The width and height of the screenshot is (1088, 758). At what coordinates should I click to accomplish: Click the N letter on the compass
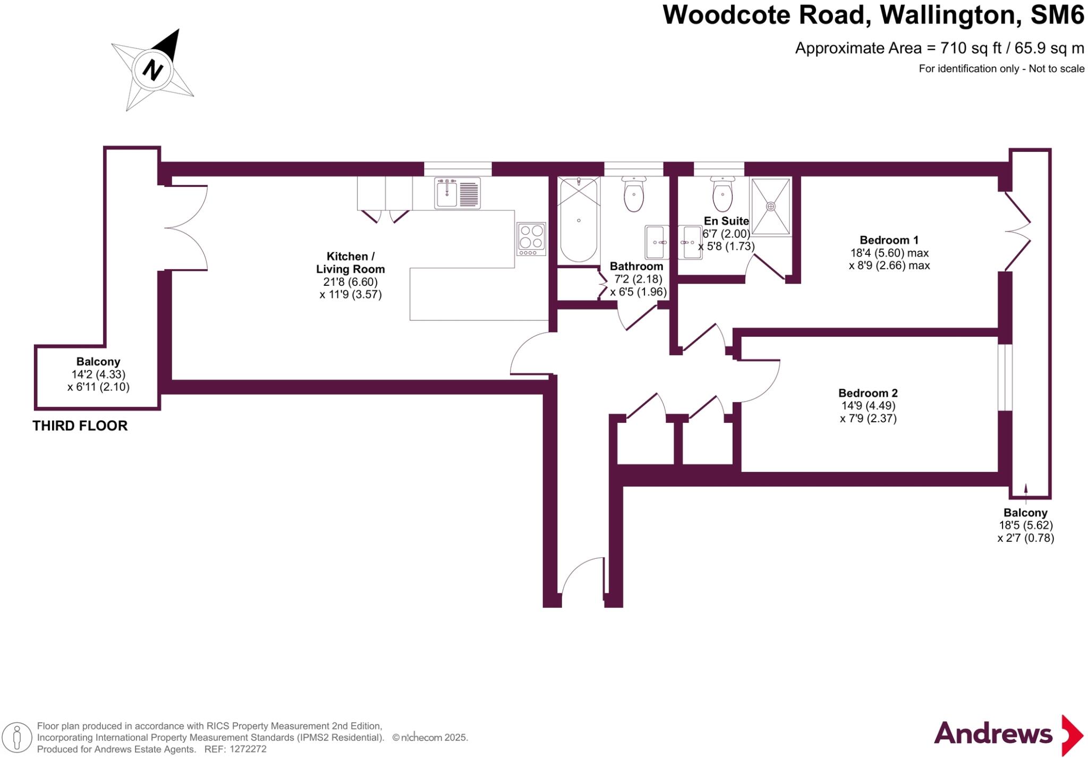tap(152, 70)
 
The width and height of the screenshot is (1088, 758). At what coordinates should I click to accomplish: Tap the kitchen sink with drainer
tap(457, 193)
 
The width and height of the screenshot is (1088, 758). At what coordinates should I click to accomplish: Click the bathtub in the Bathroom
tap(579, 220)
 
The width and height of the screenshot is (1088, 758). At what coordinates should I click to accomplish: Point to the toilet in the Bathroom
tap(633, 194)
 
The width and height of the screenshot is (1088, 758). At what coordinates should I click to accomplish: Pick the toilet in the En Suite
tap(722, 194)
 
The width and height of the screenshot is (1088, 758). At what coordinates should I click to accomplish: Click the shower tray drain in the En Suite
tap(770, 206)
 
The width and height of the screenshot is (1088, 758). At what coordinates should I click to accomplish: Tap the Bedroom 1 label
tap(889, 240)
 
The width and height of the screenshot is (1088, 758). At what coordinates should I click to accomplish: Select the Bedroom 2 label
tap(868, 393)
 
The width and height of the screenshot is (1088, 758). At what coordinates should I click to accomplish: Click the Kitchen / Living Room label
tap(350, 262)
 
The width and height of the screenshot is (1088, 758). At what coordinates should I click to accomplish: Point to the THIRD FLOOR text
tap(80, 426)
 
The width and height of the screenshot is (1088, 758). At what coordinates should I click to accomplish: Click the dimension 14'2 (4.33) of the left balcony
tap(98, 374)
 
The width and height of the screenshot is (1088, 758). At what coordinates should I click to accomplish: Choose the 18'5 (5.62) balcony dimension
tap(1025, 525)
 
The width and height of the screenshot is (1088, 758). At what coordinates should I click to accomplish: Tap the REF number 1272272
tap(247, 750)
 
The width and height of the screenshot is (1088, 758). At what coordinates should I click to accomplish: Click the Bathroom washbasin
tap(657, 242)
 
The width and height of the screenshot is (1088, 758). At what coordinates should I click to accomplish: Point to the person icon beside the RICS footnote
tap(17, 738)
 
